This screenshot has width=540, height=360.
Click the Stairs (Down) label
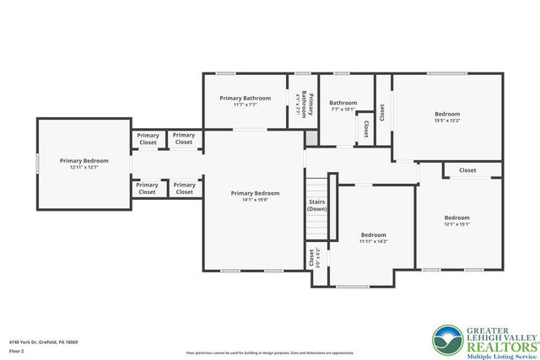point(317,205)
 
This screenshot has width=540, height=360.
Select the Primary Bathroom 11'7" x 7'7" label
point(244,101)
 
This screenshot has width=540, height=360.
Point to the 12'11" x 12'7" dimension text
point(84,167)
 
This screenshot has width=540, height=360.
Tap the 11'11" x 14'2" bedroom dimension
point(374,241)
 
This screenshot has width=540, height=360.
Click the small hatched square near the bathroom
point(310,137)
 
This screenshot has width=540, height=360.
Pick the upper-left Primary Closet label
point(148,139)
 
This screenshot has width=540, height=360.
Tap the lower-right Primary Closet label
point(184,189)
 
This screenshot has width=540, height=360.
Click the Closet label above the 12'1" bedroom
point(467,170)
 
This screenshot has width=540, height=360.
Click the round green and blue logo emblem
point(447,340)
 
